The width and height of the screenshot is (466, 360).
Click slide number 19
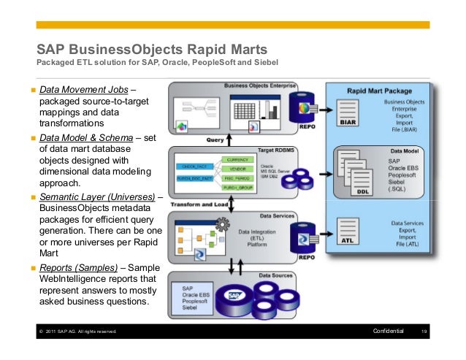click(x=425, y=332)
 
